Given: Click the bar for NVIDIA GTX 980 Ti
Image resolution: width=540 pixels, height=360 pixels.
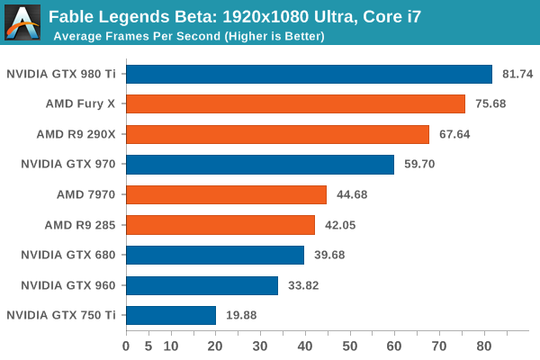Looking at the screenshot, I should click(309, 75).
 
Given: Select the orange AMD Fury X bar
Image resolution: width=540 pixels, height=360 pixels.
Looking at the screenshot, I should click(295, 104).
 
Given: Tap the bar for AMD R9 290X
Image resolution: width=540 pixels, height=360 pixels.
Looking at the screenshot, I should click(277, 135).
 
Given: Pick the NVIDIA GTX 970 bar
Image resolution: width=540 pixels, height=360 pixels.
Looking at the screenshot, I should click(260, 165).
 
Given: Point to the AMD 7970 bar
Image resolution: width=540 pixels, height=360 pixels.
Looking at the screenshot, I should click(226, 194).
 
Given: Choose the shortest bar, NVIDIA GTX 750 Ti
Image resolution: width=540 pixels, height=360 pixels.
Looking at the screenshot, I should click(171, 315).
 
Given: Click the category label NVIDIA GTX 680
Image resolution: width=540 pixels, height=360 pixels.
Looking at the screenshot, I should click(68, 255).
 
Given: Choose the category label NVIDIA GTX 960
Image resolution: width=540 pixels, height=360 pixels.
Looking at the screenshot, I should click(68, 285).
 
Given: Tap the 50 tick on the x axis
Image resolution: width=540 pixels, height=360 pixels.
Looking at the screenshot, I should click(350, 344).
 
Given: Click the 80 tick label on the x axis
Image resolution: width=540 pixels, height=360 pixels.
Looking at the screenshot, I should click(484, 344).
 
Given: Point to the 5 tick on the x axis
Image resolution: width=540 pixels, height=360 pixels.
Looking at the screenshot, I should click(148, 344).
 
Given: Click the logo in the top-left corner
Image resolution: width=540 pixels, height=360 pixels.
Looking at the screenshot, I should click(22, 21).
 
